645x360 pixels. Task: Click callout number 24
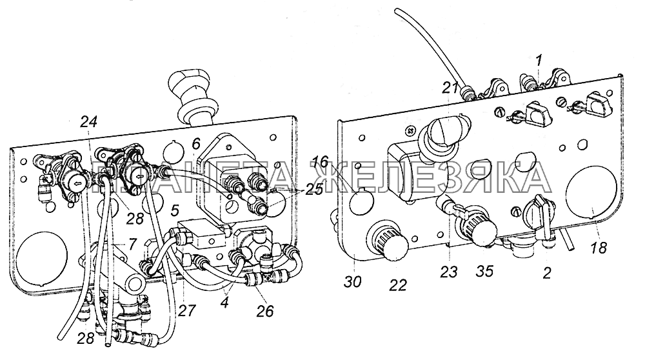89,122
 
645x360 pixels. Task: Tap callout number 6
196,144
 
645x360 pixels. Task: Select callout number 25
314,191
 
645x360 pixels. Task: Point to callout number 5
175,211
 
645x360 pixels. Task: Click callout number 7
131,245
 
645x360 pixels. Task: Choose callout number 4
224,303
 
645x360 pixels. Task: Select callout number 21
450,87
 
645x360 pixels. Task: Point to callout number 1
539,61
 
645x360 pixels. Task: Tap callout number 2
546,273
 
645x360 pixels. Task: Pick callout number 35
484,272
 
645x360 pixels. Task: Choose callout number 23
449,272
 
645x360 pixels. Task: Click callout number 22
397,285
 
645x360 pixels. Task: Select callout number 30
353,282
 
